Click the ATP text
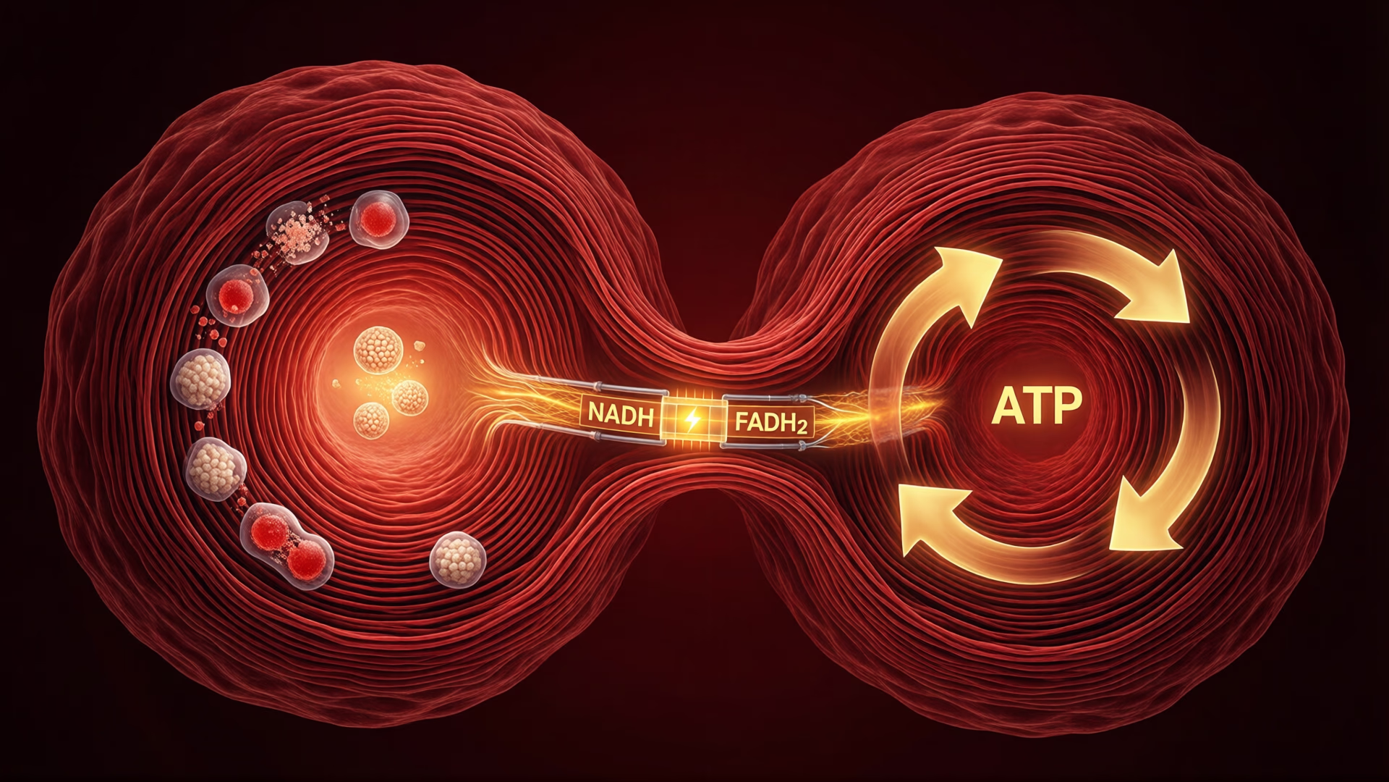(1036, 406)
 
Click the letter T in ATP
(1036, 406)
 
